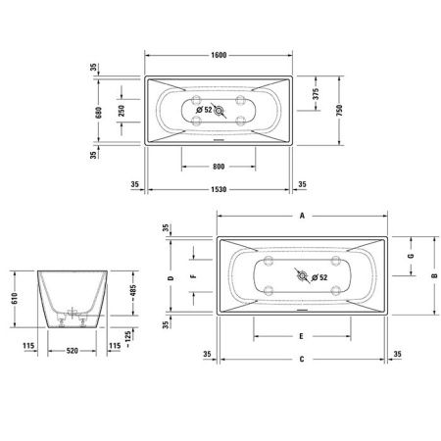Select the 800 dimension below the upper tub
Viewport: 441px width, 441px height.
coord(219,165)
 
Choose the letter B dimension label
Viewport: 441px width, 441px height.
coord(432,274)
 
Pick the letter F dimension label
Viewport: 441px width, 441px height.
coord(192,277)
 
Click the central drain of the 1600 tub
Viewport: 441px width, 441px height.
coord(219,112)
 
